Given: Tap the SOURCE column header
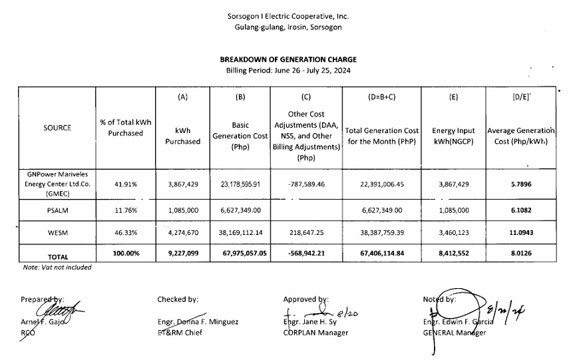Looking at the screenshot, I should coord(57,128).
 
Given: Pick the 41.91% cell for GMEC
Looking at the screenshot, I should coord(125,184).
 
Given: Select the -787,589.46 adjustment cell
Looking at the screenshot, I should coord(306,184).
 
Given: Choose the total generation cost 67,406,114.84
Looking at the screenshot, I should coord(383,254).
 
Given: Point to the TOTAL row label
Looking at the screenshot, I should coord(57,256).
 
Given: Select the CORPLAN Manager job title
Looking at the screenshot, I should coord(315,332).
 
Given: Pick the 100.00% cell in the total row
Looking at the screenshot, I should coord(125,254).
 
